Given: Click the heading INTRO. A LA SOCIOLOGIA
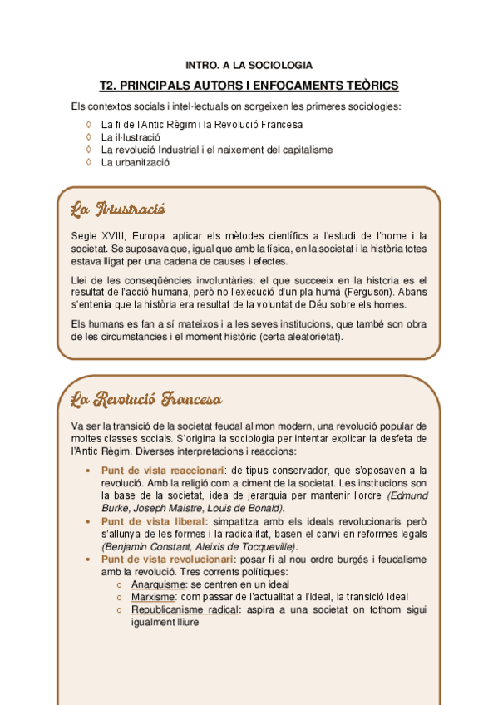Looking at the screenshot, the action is (x=249, y=64).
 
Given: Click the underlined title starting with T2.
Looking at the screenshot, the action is (x=249, y=86).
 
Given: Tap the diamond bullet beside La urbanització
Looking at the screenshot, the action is (x=89, y=162).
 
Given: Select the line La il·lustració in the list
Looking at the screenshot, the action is (x=131, y=137).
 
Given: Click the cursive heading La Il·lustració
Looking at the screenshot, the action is (x=118, y=208).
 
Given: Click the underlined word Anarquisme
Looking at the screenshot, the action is (x=160, y=584).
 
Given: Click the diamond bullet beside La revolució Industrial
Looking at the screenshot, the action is (x=89, y=150).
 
